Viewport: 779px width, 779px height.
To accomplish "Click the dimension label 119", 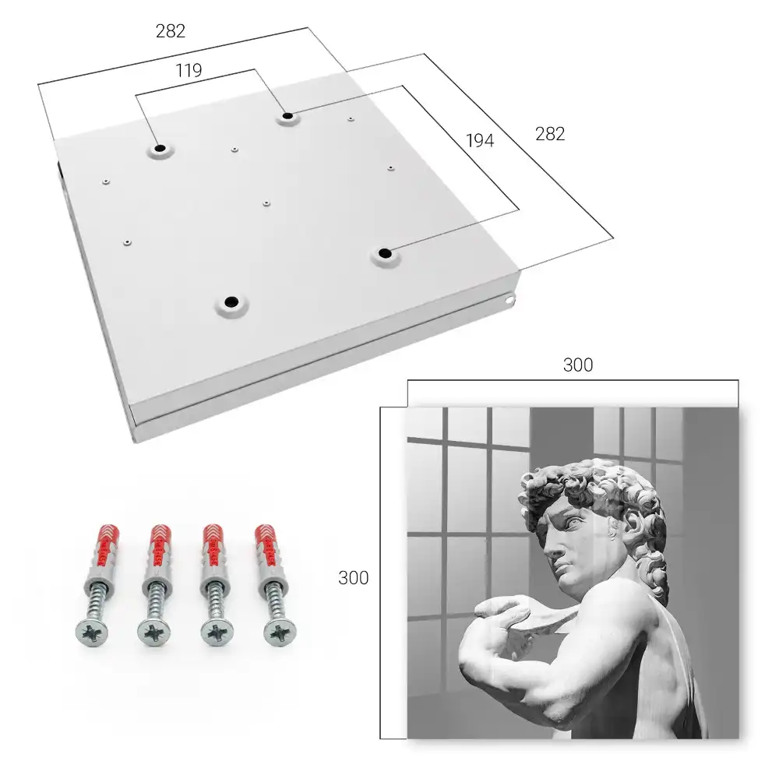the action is [189, 71].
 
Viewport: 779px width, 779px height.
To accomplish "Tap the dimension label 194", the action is [480, 141].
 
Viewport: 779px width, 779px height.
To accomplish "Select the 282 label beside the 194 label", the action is [550, 134].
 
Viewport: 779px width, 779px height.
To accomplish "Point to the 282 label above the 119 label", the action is [171, 31].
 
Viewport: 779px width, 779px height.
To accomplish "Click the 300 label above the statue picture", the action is [578, 365].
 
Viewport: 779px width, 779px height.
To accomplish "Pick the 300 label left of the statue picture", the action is [353, 578].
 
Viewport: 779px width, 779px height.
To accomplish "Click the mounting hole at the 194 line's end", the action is [384, 253].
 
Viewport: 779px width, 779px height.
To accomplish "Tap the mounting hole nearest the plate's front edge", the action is [231, 301].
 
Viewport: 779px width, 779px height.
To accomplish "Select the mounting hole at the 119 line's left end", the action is [160, 148].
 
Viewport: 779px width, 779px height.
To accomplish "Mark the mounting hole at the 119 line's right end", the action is [287, 116].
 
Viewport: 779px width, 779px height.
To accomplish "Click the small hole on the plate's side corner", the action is [509, 300].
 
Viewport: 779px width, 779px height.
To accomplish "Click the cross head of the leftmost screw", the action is [92, 632].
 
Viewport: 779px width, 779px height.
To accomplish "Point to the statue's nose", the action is [551, 548].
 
